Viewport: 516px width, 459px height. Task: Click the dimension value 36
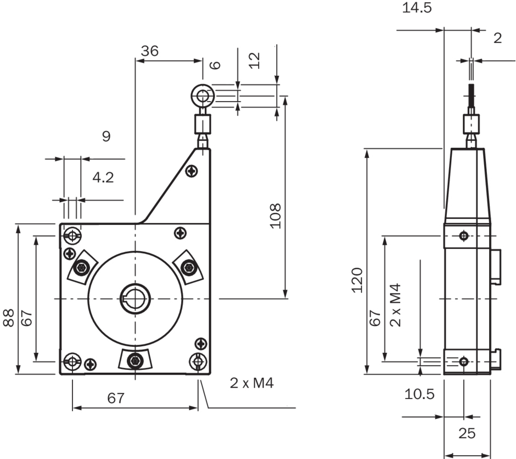pyautogui.click(x=149, y=51)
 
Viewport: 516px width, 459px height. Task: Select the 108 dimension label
pyautogui.click(x=276, y=216)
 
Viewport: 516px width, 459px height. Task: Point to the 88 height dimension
pyautogui.click(x=8, y=318)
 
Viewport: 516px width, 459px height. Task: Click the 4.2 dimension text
pyautogui.click(x=103, y=178)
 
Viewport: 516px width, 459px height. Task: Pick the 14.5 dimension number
pyautogui.click(x=417, y=9)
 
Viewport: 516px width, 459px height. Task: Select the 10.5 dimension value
pyautogui.click(x=419, y=394)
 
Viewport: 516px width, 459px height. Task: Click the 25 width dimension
pyautogui.click(x=467, y=433)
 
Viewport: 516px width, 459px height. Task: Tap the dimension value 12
pyautogui.click(x=254, y=60)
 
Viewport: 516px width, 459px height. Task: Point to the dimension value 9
pyautogui.click(x=106, y=136)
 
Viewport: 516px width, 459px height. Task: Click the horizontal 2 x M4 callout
pyautogui.click(x=251, y=383)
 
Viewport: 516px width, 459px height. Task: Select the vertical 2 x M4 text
pyautogui.click(x=395, y=305)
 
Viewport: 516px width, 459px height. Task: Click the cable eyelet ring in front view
pyautogui.click(x=203, y=96)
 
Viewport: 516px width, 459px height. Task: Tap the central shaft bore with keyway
pyautogui.click(x=134, y=298)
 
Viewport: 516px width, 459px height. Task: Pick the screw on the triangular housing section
pyautogui.click(x=192, y=172)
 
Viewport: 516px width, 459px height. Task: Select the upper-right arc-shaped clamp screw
pyautogui.click(x=189, y=267)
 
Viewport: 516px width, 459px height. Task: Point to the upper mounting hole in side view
pyautogui.click(x=464, y=236)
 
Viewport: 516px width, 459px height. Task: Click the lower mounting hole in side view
pyautogui.click(x=464, y=361)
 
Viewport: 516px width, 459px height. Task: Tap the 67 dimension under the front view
pyautogui.click(x=115, y=398)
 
